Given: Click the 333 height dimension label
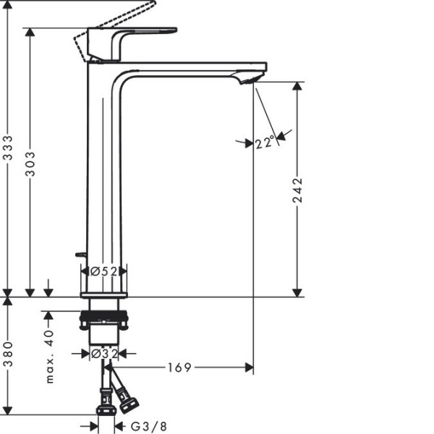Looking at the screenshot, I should (x=8, y=148).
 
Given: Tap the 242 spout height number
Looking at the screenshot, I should (x=297, y=191).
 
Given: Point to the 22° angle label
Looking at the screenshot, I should (x=265, y=142).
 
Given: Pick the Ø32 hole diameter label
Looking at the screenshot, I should (x=104, y=354).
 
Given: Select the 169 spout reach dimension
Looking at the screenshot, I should (x=179, y=367).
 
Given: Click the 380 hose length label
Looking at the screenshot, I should (x=8, y=354).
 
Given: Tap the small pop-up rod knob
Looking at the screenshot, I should (x=80, y=255).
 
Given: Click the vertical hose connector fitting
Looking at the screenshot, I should (x=106, y=401).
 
